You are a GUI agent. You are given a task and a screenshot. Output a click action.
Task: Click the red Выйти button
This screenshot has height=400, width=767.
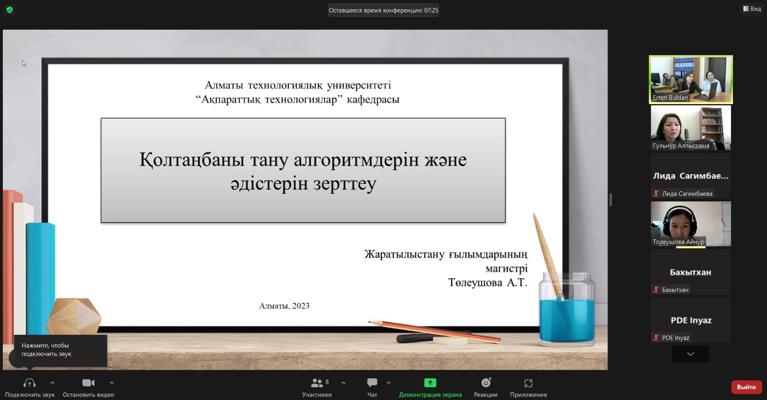pos(746,387)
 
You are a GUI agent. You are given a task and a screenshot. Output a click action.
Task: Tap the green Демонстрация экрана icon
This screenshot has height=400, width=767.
pos(430,383)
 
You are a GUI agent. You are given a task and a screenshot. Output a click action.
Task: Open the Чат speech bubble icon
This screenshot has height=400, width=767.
pos(372,383)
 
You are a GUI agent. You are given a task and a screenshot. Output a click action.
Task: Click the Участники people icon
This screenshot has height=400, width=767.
pos(317,383)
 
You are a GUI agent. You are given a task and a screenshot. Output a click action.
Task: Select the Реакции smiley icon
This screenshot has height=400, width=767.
pos(486,382)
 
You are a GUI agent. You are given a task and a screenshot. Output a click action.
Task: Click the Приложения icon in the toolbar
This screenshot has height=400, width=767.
pos(528,383)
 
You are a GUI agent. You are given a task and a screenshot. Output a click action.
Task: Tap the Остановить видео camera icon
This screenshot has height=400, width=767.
pos(88,383)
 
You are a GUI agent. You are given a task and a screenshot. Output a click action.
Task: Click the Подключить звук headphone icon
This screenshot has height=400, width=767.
pos(29,383)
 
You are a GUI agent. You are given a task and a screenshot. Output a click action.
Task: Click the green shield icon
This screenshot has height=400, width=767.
pos(10,10)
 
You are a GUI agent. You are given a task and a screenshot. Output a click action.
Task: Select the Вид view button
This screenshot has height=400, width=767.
pos(752,9)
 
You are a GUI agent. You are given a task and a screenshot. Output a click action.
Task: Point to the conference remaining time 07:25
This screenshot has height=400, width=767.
pos(431,10)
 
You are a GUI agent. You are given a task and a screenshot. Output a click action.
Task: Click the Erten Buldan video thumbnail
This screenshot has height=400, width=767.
pos(691,80)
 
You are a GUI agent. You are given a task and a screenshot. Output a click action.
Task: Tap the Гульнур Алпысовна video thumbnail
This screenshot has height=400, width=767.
pos(691,128)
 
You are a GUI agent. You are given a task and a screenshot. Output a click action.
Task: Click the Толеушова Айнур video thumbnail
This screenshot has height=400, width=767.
pos(691,224)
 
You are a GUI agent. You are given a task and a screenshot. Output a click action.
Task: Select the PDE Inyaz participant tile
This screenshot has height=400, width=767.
pos(691,320)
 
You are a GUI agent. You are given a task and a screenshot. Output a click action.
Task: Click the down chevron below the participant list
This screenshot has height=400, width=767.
pos(690,354)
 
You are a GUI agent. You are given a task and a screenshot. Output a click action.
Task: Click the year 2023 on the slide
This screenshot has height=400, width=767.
pos(301,306)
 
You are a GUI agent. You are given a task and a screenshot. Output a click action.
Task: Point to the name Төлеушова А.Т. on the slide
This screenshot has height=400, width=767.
pos(488,282)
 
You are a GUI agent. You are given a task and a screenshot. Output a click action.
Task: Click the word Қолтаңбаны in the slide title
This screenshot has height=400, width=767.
pos(192,160)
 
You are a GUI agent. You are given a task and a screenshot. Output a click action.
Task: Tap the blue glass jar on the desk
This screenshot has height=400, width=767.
pos(567,309)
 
